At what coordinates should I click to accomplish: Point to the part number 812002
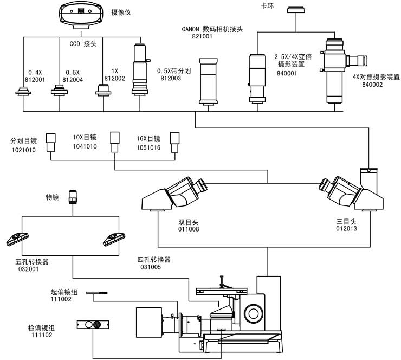click(114, 79)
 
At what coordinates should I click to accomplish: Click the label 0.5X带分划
click(174, 71)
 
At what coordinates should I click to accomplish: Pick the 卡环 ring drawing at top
click(296, 9)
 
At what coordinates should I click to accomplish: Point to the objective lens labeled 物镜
click(73, 196)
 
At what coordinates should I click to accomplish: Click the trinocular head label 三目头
click(347, 222)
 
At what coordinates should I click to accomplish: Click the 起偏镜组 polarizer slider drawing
click(96, 293)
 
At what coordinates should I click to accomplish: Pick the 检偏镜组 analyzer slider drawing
click(93, 324)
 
